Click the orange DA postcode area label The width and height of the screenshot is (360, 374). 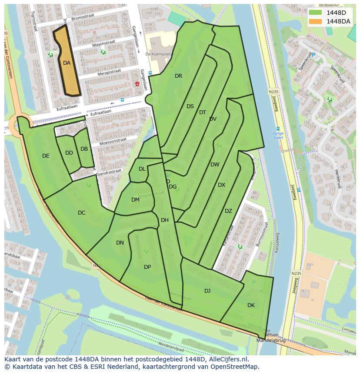click(x=67, y=63)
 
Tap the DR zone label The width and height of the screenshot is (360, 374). click(x=178, y=76)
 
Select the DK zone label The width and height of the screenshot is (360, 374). click(x=251, y=305)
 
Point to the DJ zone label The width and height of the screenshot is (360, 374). click(x=207, y=291)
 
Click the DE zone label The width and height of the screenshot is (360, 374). click(x=46, y=156)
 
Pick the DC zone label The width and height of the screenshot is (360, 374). click(x=81, y=213)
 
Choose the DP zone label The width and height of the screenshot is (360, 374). click(x=147, y=267)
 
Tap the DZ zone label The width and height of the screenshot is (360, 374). click(x=228, y=211)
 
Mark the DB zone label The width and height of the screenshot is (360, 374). click(x=84, y=149)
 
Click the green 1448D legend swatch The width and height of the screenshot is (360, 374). click(x=316, y=12)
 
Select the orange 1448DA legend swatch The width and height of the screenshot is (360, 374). click(x=316, y=21)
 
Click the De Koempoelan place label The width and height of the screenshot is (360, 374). click(x=157, y=54)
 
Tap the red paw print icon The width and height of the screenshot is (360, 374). click(x=137, y=83)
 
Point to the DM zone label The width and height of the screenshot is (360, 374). click(x=135, y=200)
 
